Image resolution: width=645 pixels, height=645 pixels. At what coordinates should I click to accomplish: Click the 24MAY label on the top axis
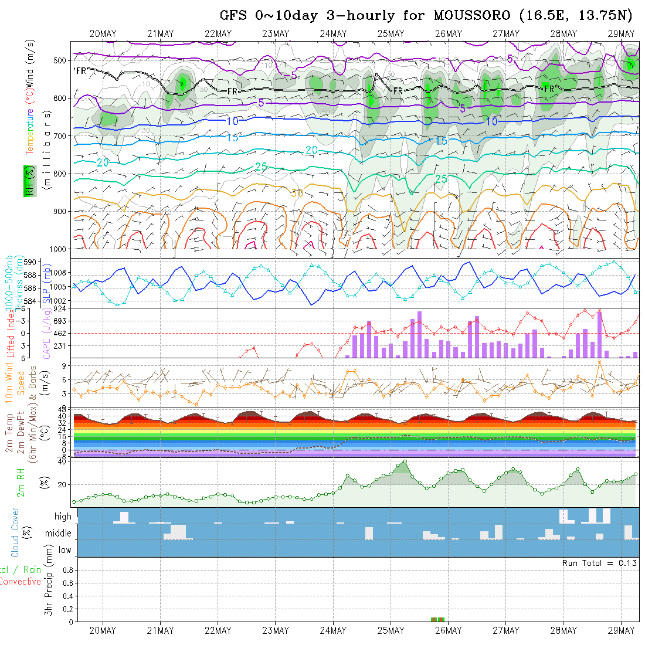333,33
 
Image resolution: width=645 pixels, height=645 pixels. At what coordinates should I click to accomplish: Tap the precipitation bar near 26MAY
438,619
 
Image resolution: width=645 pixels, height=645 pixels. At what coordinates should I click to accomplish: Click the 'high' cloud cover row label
63,517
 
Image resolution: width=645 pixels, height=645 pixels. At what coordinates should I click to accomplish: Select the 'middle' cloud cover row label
59,534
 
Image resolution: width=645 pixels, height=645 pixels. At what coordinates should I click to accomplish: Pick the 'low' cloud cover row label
64,550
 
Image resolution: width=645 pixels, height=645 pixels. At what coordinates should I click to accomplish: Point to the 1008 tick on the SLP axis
59,273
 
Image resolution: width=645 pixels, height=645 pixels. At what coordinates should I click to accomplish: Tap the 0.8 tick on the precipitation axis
67,570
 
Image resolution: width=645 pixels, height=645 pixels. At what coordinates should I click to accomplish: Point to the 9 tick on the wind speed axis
66,365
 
